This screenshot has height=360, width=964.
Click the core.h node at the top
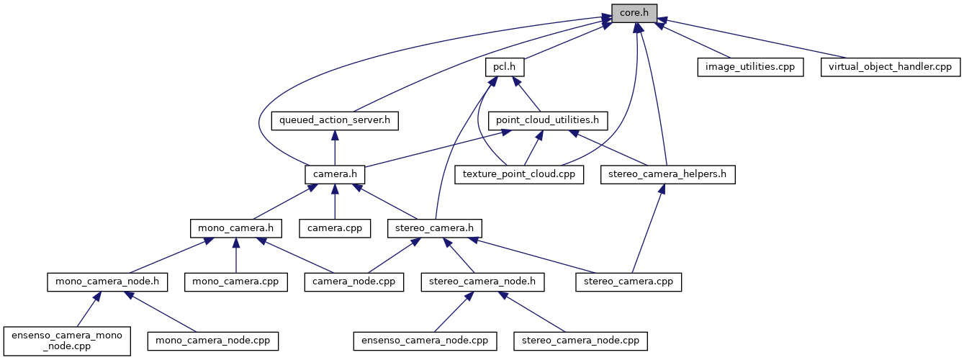634,12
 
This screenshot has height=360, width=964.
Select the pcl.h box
504,67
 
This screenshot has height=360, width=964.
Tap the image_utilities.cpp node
749,67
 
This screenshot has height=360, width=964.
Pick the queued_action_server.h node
335,120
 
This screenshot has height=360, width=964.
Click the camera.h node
335,174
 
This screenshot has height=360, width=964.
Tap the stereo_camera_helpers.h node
667,174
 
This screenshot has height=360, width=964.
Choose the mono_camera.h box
235,228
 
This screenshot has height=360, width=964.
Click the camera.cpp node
335,228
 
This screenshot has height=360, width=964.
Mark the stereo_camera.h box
434,228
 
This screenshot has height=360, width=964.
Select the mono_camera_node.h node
107,282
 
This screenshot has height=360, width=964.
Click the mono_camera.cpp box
235,282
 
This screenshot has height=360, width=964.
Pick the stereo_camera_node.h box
482,282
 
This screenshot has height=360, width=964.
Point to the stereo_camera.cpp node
629,282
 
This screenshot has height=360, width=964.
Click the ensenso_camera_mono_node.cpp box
67,340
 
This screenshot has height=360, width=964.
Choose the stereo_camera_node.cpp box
580,340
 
